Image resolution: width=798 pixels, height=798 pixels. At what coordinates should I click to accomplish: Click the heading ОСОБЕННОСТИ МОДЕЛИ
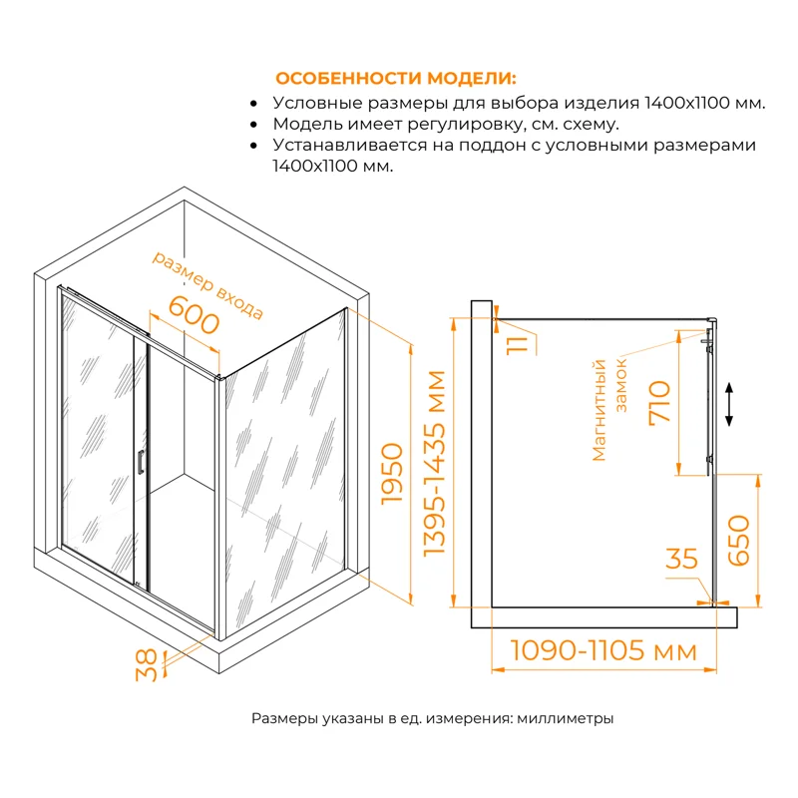point(396,79)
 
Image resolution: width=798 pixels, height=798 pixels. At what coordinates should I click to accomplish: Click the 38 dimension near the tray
point(147,664)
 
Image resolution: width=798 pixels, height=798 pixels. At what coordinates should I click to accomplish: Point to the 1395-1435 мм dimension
point(436,464)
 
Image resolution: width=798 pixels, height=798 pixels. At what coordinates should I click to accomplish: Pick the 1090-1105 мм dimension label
point(603,651)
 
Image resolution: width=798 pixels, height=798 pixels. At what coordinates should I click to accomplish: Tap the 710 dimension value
point(659,403)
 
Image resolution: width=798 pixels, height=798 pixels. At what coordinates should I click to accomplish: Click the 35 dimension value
point(682,559)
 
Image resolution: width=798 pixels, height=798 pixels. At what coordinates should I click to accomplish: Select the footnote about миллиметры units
point(432,718)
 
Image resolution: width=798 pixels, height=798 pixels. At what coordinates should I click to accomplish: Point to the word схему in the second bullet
point(589,125)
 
